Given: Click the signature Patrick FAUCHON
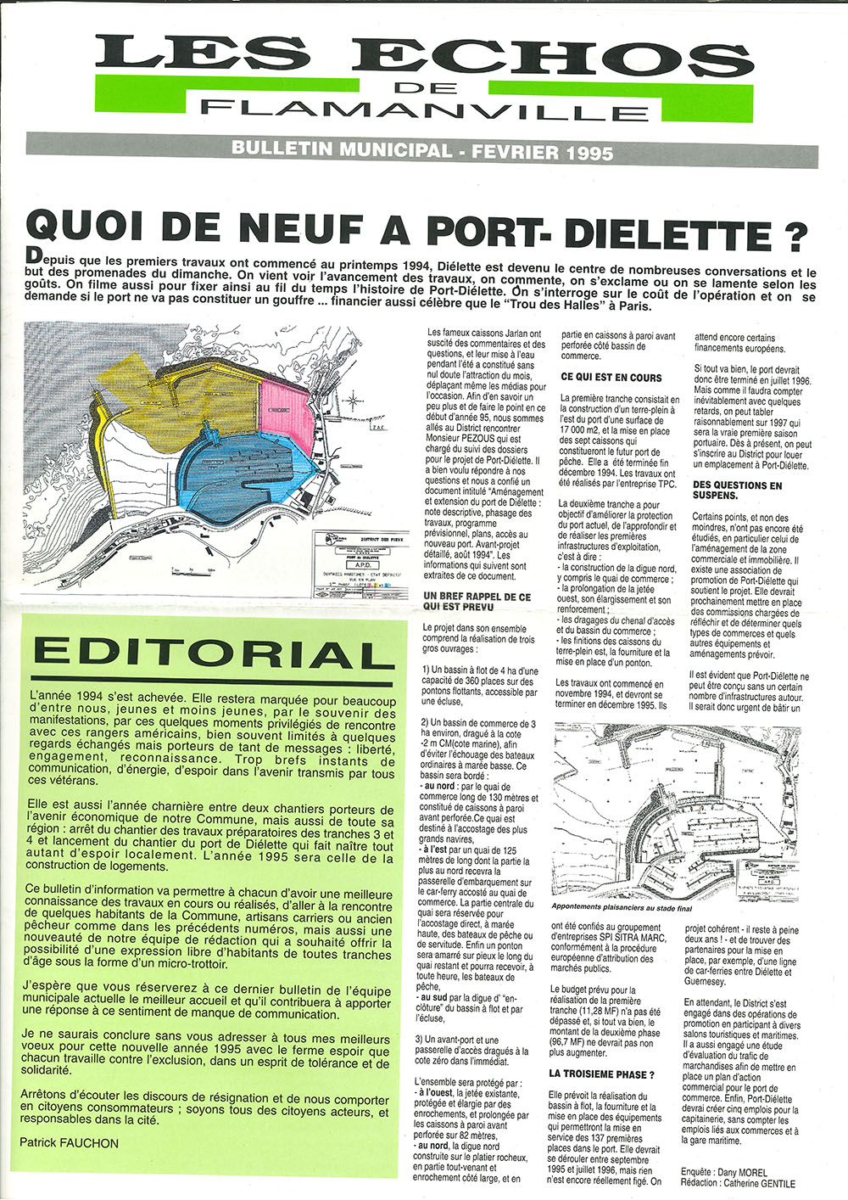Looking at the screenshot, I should click(70, 1142).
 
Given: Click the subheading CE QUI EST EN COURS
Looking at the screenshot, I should click(611, 377).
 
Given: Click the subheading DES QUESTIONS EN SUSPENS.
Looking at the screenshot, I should click(738, 491).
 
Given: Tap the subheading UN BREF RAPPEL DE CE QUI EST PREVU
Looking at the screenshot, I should click(477, 602).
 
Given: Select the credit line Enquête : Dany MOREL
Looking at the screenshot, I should click(724, 1172).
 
